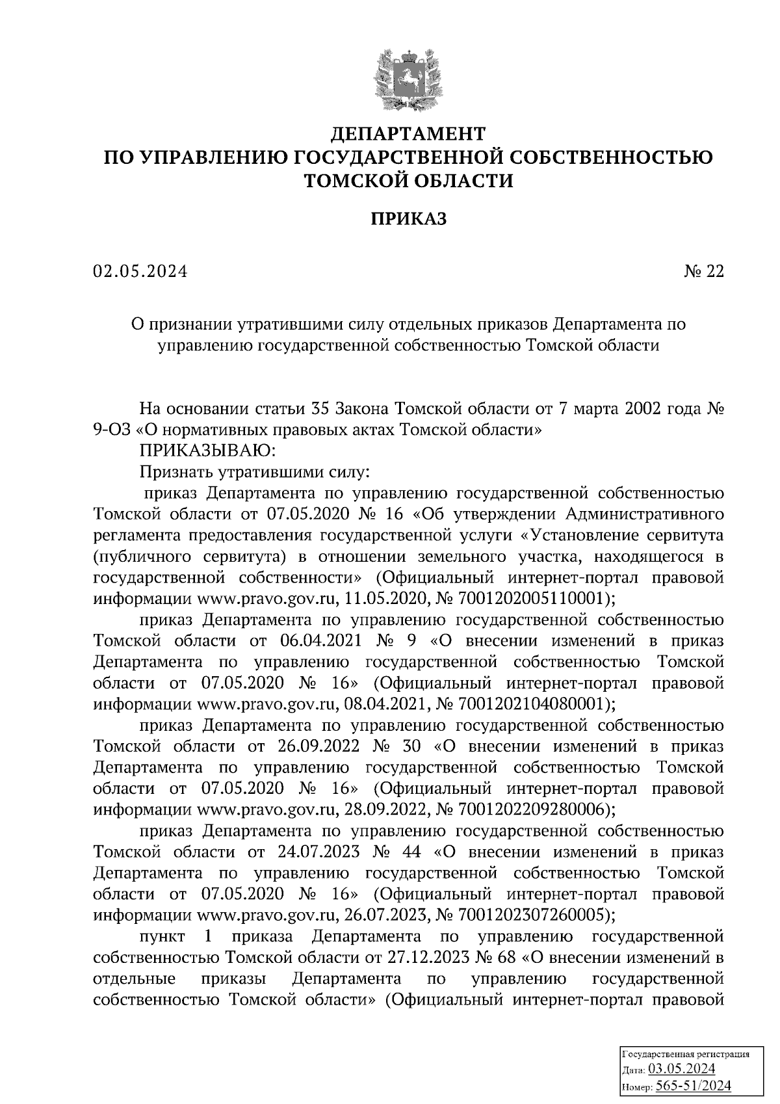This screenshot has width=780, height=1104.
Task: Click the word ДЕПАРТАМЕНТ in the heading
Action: click(408, 134)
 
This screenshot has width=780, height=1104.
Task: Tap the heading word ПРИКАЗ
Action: click(408, 219)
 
